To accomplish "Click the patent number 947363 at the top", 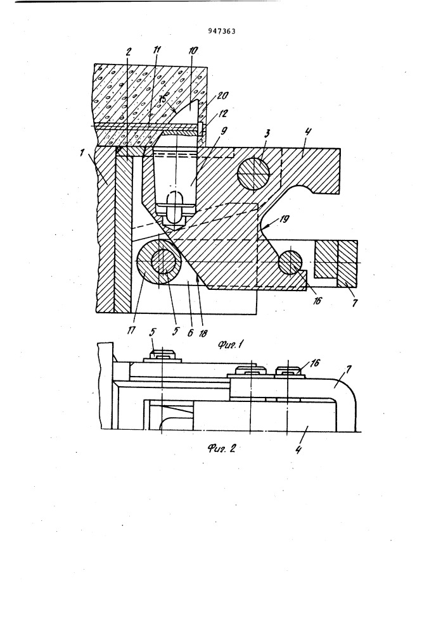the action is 222,32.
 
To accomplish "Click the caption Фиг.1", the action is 229,344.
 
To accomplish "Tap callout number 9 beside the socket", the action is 224,131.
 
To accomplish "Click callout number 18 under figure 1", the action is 203,332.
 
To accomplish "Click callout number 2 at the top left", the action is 129,52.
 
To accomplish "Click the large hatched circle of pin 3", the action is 253,172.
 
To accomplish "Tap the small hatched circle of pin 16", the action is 290,262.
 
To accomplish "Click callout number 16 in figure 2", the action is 314,363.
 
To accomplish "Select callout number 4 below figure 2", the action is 298,449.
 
